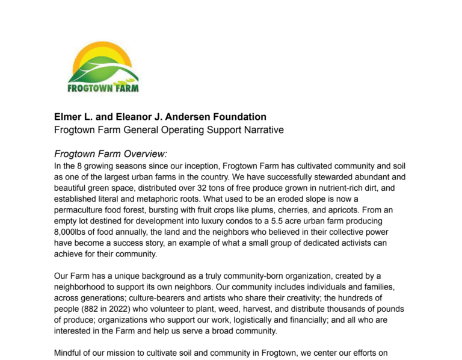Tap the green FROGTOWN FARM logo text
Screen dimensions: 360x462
(103, 88)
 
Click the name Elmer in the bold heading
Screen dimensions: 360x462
(69, 116)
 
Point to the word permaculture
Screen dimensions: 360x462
(81, 210)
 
